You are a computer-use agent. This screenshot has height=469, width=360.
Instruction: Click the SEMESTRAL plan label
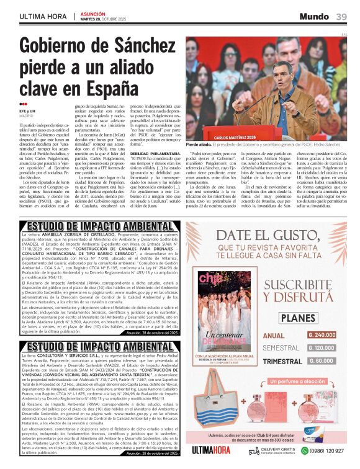point(280,348)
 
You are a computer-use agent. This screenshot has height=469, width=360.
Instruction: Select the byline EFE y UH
point(27,110)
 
